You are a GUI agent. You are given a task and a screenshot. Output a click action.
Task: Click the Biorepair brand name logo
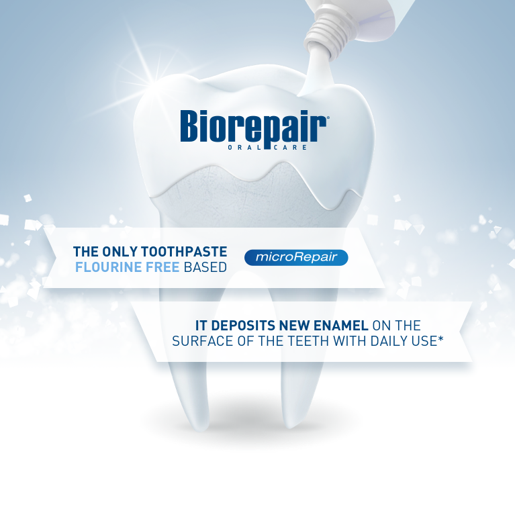(x=254, y=127)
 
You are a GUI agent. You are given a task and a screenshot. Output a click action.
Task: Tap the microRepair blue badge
(x=296, y=257)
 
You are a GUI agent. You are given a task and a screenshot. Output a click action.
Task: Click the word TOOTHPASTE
(x=184, y=252)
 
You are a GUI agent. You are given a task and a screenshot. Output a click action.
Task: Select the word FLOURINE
(x=108, y=267)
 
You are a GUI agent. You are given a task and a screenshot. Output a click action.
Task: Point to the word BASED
(x=205, y=267)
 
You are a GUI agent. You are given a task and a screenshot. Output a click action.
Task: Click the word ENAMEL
(x=340, y=326)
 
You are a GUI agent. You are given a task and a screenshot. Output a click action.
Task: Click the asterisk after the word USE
(x=440, y=338)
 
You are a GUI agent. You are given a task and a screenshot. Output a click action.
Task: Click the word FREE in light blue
(x=162, y=267)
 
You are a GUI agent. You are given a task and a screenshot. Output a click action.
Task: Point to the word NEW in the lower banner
(x=294, y=326)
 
